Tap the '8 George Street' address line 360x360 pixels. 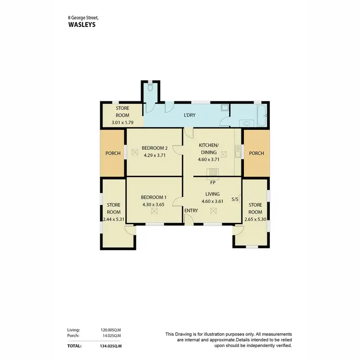pos(83,17)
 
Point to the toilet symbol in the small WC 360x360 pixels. pos(150,88)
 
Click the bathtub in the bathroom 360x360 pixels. pos(261,116)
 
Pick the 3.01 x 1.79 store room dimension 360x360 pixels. pos(122,122)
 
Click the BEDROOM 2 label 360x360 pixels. pos(154,148)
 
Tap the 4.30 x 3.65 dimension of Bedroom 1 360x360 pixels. pos(154,204)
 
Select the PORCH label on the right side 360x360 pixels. pos(256,154)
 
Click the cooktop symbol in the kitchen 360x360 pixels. pos(212,171)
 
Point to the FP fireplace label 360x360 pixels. pos(212,182)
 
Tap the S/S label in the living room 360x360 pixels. pos(235,199)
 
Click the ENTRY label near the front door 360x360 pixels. pos(191,210)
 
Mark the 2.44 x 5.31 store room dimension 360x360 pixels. pos(113,219)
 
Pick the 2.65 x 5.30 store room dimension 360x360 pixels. pos(255,219)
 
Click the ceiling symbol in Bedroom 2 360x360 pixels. pos(135,153)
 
